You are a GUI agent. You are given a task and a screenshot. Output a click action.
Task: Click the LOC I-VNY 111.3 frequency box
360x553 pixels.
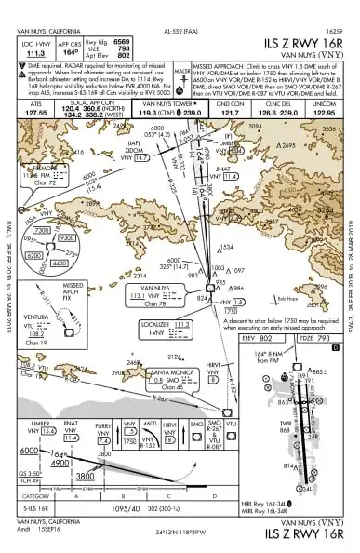click(32, 48)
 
